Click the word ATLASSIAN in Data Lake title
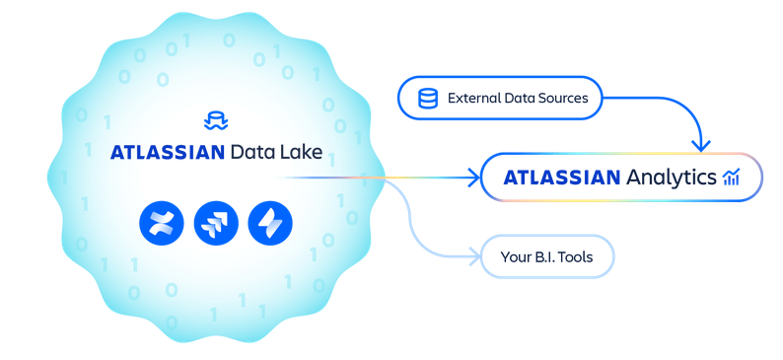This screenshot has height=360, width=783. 166,154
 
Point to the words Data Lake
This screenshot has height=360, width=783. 275,154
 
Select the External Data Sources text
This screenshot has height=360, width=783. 518,99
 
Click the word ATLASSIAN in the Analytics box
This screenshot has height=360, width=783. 561,179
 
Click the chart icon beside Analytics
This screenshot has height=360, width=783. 731,178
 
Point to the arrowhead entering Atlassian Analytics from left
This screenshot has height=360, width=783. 472,179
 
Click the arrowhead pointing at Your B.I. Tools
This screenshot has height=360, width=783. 472,259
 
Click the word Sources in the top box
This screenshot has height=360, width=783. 563,99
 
